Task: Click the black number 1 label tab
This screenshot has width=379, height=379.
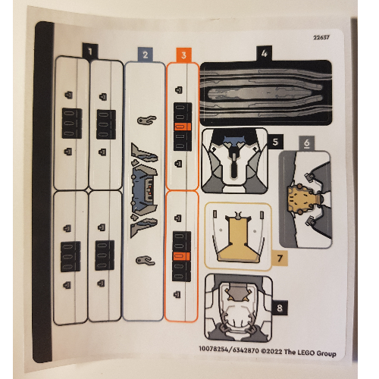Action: coord(90,52)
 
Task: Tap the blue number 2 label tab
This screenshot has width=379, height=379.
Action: coord(146,55)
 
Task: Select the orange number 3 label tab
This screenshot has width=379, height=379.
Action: coord(183,55)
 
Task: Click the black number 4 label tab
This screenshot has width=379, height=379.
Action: coord(264,53)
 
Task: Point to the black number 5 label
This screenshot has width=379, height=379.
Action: coord(275,142)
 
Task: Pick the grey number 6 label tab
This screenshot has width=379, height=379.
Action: coord(306,143)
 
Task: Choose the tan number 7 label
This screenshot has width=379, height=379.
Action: coord(280,258)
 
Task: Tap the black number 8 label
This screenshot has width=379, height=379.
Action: coord(280,308)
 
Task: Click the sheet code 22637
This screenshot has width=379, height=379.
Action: coord(321,38)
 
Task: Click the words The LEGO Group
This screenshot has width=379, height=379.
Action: coord(310,352)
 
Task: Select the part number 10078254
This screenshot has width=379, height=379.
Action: coord(214,349)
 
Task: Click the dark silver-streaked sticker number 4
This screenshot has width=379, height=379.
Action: coord(266,92)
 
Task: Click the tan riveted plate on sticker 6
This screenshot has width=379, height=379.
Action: coord(301,199)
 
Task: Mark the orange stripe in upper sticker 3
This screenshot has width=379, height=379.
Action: coord(183,127)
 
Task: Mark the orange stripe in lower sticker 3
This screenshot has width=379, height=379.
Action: coord(181,256)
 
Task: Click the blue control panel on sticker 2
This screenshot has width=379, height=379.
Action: coord(144,190)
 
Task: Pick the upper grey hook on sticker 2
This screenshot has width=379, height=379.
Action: coord(147,120)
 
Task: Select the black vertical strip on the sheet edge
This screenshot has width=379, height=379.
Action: coord(43,192)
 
